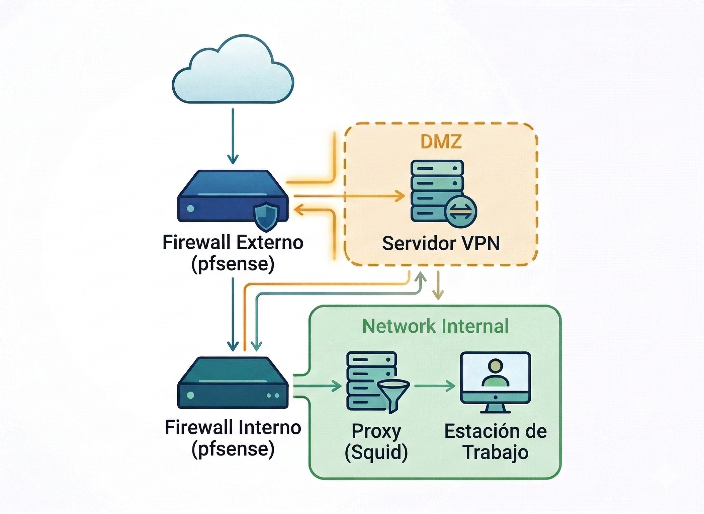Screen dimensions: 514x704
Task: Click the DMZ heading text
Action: click(x=441, y=142)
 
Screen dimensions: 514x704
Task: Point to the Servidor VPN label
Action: click(x=441, y=243)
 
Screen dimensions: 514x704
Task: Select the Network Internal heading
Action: click(x=435, y=326)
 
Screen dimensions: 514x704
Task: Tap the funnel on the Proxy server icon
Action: click(x=393, y=394)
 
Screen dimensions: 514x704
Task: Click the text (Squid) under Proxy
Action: click(x=376, y=452)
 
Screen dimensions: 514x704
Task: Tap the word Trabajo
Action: click(x=496, y=452)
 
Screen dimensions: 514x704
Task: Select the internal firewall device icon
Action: click(x=233, y=383)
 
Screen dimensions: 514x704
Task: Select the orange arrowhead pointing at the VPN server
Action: click(x=400, y=196)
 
